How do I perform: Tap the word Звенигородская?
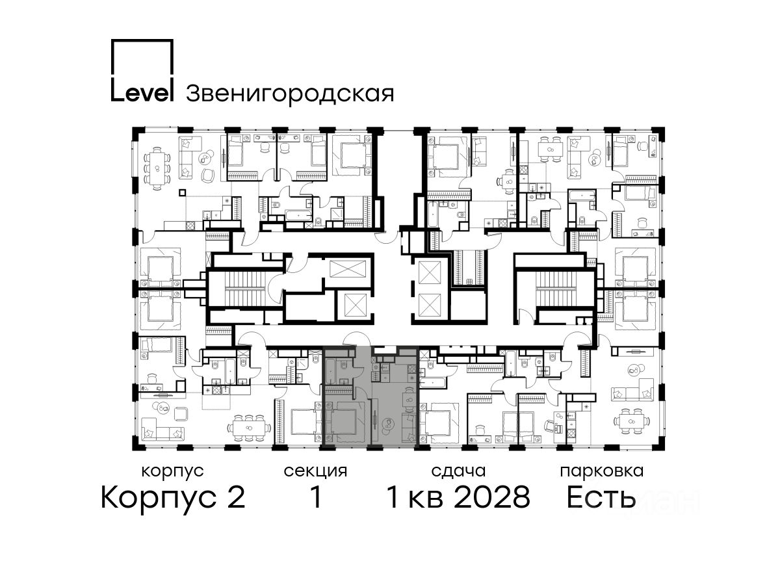coord(290,94)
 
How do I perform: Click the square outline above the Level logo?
coord(142,58)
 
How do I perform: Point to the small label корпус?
coord(172,472)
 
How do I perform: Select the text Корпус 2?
coord(173,498)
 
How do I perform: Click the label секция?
coord(315,472)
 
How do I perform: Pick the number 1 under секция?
coord(315,497)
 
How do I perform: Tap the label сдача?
coord(458,472)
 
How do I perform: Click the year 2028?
coord(492,497)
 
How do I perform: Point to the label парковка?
coord(602,471)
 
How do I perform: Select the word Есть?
coord(601,497)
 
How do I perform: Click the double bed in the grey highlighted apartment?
coord(345,422)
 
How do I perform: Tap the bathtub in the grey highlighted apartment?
coord(330,371)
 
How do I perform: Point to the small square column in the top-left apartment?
coord(182,192)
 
